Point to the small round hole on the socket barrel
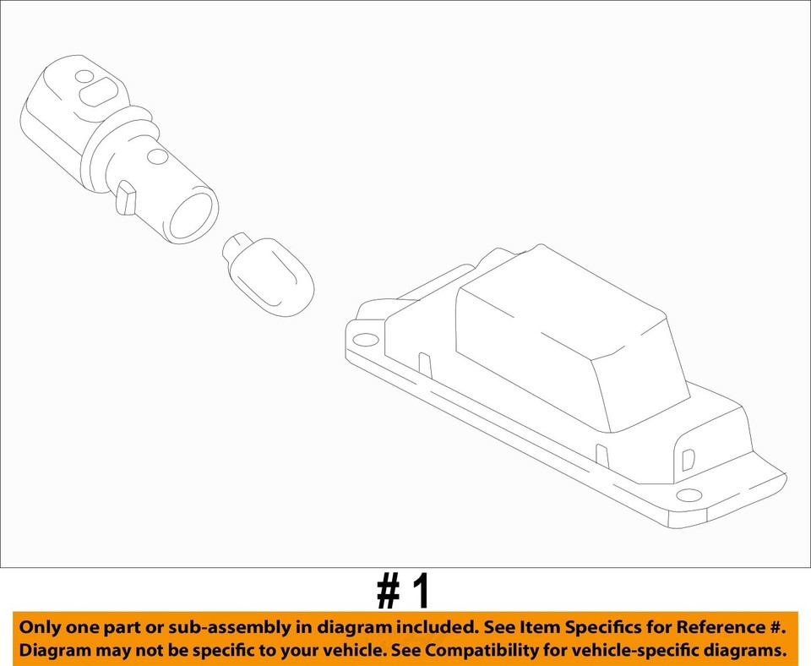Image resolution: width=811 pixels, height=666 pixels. click(x=155, y=156)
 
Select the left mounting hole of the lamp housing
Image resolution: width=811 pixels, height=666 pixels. click(x=365, y=341)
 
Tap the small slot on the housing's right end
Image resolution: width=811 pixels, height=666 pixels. click(x=687, y=458)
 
